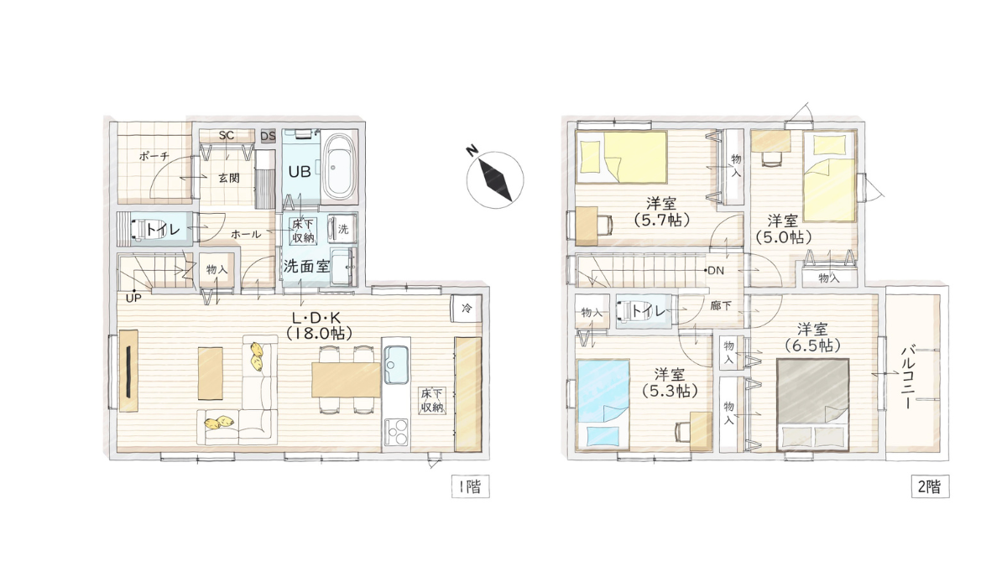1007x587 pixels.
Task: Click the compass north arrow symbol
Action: [x=494, y=176]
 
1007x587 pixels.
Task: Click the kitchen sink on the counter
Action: [x=394, y=365]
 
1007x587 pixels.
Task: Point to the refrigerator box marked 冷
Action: [x=466, y=308]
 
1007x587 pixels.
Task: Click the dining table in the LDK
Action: [x=346, y=379]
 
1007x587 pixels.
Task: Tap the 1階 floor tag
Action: [x=467, y=486]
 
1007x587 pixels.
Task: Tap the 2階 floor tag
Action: [x=929, y=486]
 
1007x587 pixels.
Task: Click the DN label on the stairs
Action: [x=715, y=271]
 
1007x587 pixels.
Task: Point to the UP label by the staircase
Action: [x=133, y=298]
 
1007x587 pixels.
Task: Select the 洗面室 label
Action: [x=305, y=268]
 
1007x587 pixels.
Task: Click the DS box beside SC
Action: [x=268, y=136]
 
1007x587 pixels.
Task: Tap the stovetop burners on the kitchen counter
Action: [x=394, y=434]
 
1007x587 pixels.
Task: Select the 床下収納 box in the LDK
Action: [x=433, y=400]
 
